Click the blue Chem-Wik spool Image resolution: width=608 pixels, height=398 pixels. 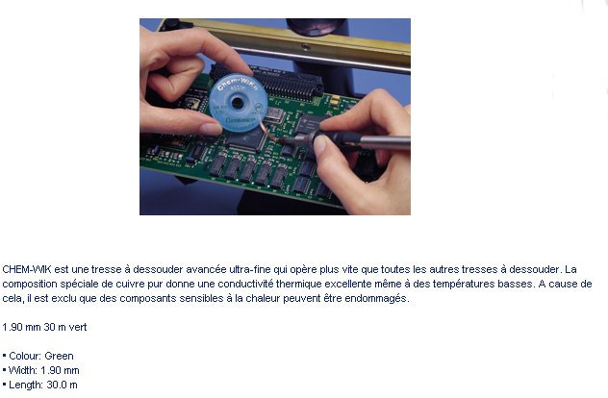pyautogui.click(x=238, y=103)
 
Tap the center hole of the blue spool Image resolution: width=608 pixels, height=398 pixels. pyautogui.click(x=237, y=104)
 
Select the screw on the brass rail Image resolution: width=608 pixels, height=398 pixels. pyautogui.click(x=306, y=47)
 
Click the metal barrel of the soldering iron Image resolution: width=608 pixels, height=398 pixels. pyautogui.click(x=385, y=142)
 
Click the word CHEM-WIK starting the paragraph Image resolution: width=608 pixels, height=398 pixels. pyautogui.click(x=26, y=269)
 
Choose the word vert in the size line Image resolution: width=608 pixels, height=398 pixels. pyautogui.click(x=78, y=327)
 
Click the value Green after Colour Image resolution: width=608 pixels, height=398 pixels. pyautogui.click(x=59, y=356)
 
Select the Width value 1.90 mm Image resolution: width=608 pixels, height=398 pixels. pyautogui.click(x=60, y=370)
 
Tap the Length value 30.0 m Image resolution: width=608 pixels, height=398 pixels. pyautogui.click(x=62, y=385)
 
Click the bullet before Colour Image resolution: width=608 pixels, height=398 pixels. pyautogui.click(x=4, y=356)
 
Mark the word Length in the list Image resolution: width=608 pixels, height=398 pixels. pyautogui.click(x=25, y=385)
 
